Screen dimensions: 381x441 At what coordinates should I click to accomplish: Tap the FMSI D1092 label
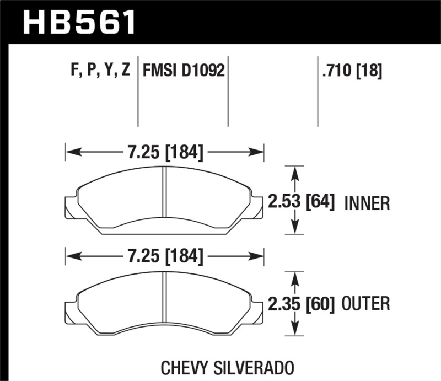tap(184, 70)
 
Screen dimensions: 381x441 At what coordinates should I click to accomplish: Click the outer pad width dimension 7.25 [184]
tap(165, 255)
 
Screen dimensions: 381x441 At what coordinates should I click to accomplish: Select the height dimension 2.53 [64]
tap(302, 202)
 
